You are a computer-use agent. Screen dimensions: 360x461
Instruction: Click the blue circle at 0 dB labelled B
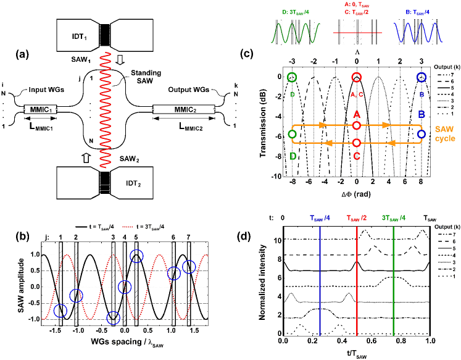pyautogui.click(x=422, y=77)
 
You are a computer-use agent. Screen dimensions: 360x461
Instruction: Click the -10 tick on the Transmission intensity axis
pyautogui.click(x=278, y=177)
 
